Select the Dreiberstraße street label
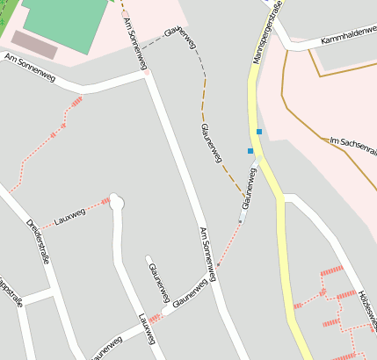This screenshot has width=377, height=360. [x=38, y=241]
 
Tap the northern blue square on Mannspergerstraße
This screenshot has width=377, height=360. [x=259, y=132]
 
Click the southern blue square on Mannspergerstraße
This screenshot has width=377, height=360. [x=250, y=151]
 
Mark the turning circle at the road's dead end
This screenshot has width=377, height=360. [x=117, y=203]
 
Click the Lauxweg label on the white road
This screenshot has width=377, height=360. [x=146, y=328]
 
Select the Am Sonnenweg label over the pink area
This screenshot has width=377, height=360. [x=134, y=40]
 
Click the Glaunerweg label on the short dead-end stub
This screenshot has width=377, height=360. [x=156, y=278]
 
